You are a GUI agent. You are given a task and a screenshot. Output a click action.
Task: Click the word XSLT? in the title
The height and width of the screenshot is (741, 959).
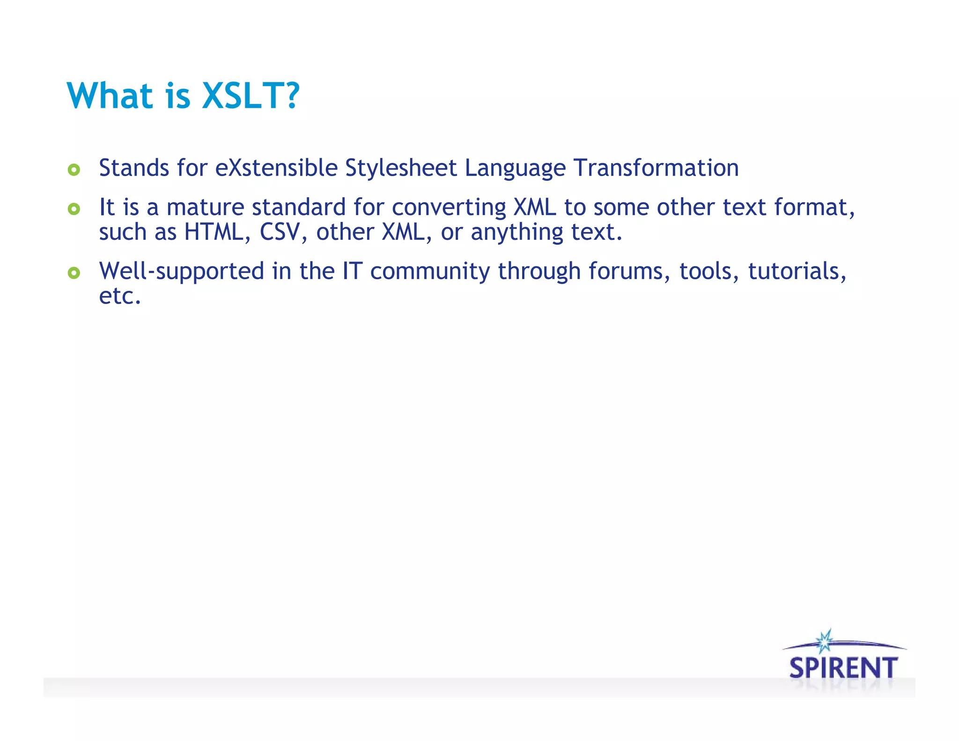pos(250,96)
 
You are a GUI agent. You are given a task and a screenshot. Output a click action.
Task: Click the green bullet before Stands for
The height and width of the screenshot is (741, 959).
pos(74,169)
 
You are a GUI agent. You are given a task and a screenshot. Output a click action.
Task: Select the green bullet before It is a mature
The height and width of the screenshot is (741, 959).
pos(74,208)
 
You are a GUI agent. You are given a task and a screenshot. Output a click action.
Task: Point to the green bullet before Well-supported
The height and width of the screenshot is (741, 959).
pos(74,273)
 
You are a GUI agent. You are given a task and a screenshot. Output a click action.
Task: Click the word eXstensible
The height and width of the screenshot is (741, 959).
pos(276,168)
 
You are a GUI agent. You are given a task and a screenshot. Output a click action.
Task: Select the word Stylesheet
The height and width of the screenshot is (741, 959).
pos(401,168)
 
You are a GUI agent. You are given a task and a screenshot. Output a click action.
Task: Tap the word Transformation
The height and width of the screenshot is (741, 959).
pos(657,168)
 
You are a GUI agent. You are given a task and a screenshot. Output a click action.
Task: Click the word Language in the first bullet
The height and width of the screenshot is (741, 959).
pos(515,169)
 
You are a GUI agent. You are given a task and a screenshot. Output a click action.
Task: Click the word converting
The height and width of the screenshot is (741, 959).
pos(449,207)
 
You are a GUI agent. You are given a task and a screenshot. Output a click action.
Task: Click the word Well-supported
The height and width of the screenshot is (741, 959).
pos(182,272)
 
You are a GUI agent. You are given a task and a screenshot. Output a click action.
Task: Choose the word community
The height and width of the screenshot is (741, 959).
pos(430,272)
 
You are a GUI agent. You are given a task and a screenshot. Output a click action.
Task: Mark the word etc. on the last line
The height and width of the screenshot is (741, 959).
pos(120,296)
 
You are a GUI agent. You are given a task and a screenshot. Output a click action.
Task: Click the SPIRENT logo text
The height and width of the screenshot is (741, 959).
pos(843,667)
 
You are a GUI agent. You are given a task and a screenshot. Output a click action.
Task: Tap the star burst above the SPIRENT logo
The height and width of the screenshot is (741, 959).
pos(824,641)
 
